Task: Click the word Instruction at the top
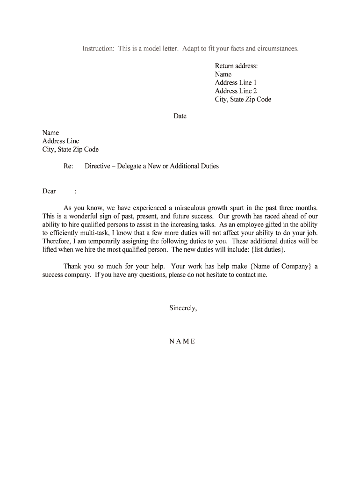coord(98,49)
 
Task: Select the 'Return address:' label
coord(236,66)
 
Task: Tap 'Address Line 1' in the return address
coord(236,83)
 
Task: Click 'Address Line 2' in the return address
coord(236,91)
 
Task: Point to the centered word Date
coord(180,116)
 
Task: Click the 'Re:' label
coord(68,166)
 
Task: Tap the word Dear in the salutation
coord(49,191)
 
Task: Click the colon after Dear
coord(76,191)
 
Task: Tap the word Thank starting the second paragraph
coord(72,266)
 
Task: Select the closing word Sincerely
coord(183,308)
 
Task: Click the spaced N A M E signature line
coord(182,341)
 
